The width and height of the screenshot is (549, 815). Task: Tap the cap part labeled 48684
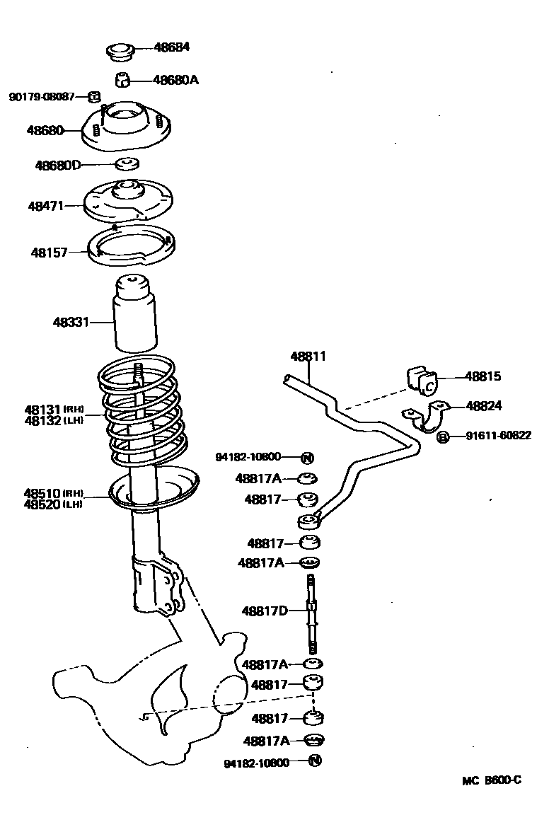[x=120, y=51]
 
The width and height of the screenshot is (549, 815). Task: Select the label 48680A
[x=175, y=80]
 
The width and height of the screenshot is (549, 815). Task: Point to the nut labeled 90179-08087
[x=93, y=96]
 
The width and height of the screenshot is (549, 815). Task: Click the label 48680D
[x=59, y=166]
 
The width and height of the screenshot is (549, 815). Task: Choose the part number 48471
[x=46, y=206]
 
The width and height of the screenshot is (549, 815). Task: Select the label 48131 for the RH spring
[x=44, y=410]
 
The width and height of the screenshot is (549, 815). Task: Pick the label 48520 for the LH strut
[x=42, y=504]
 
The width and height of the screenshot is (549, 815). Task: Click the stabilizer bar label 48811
[x=308, y=357]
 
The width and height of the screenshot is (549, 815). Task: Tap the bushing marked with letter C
[x=423, y=380]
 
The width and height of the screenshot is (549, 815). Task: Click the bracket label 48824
[x=484, y=405]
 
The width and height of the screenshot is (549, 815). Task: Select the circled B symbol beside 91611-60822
[x=443, y=437]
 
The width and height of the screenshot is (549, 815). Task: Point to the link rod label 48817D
[x=265, y=611]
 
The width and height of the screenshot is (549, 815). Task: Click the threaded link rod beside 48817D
[x=310, y=613]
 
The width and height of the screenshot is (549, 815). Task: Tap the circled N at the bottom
[x=316, y=761]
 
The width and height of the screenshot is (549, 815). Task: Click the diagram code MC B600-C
[x=492, y=781]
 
